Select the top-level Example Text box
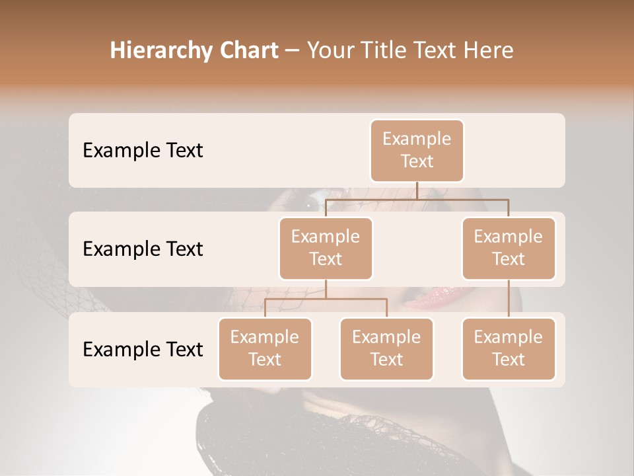(417, 150)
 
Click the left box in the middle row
(326, 248)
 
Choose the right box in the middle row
(509, 248)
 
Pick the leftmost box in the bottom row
(265, 348)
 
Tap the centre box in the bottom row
(386, 348)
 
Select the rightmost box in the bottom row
(509, 348)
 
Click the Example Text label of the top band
(143, 150)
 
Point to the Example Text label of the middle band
(143, 249)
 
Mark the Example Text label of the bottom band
(143, 349)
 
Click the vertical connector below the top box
(417, 190)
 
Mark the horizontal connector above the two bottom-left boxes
(326, 299)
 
